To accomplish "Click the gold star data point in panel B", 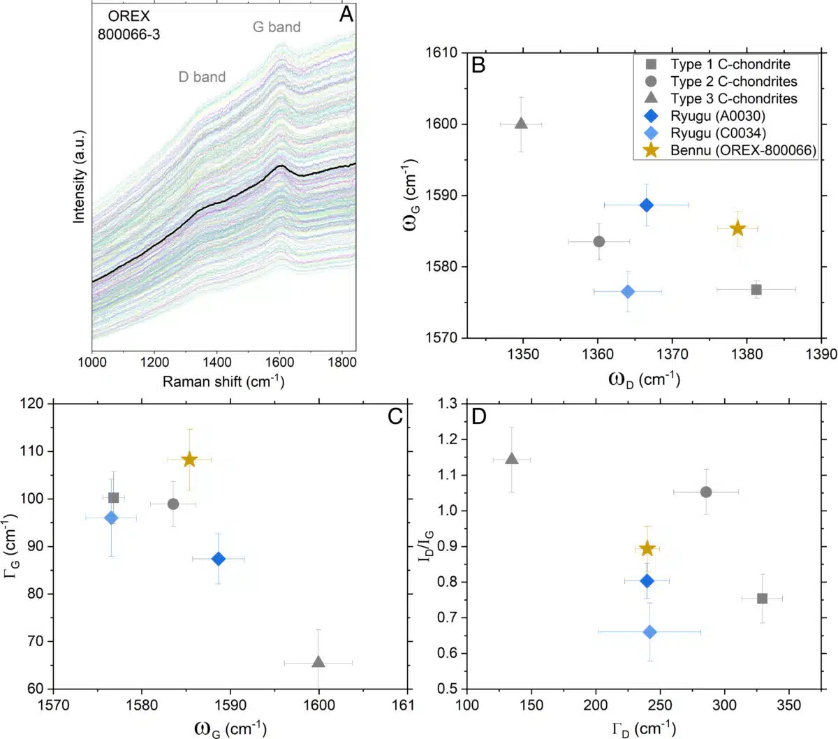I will pyautogui.click(x=737, y=228).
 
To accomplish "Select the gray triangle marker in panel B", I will pyautogui.click(x=521, y=124).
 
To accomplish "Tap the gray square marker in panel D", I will pyautogui.click(x=762, y=599).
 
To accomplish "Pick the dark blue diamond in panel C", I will pyautogui.click(x=219, y=559).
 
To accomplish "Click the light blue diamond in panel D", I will pyautogui.click(x=649, y=631).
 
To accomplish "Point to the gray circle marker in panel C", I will pyautogui.click(x=173, y=504).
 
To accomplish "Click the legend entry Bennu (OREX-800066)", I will pyautogui.click(x=743, y=150).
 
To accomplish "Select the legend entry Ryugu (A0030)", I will pyautogui.click(x=717, y=116).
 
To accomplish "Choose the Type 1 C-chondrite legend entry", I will pyautogui.click(x=730, y=64).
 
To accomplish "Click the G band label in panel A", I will pyautogui.click(x=277, y=27).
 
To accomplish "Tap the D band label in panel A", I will pyautogui.click(x=202, y=77).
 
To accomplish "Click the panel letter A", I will pyautogui.click(x=346, y=15).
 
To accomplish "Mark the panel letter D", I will pyautogui.click(x=479, y=416).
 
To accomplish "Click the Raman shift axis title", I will pyautogui.click(x=223, y=381).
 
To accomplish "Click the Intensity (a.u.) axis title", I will pyautogui.click(x=79, y=176).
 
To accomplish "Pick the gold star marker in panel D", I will pyautogui.click(x=647, y=548).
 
